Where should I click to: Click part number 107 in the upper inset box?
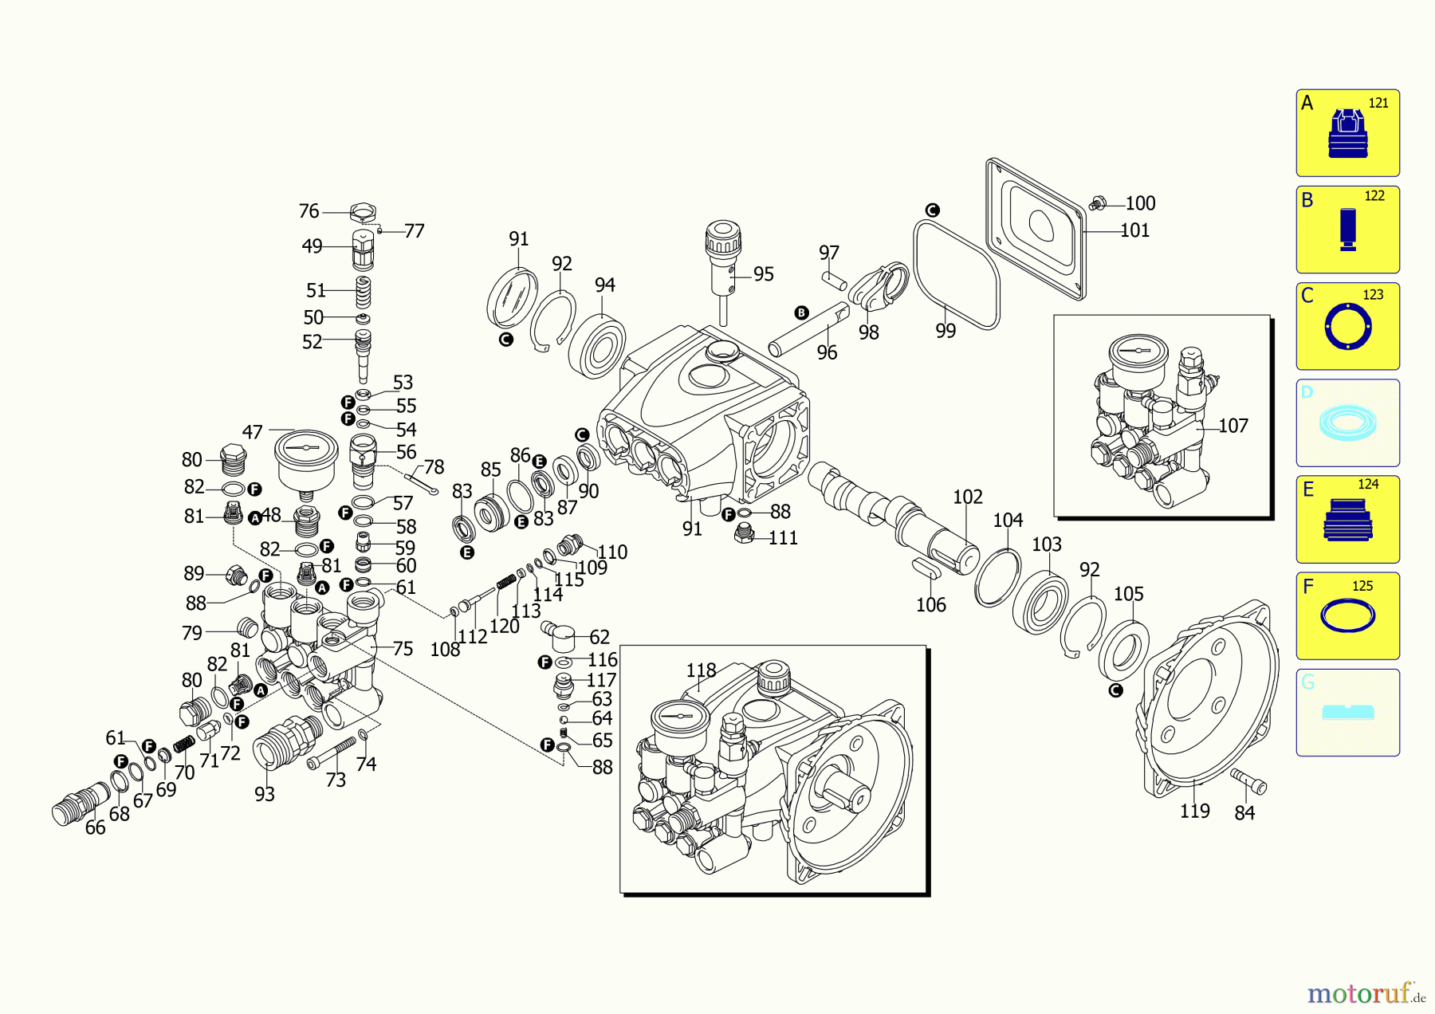click(1233, 426)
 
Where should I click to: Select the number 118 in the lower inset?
click(701, 670)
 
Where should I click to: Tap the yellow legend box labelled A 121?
click(1347, 133)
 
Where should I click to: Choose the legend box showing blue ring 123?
click(1347, 326)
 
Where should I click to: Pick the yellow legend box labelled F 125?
click(1347, 615)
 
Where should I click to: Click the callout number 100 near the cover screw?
click(1140, 203)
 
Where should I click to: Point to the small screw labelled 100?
click(1098, 203)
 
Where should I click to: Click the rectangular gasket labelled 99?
click(956, 275)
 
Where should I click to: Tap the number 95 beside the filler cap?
click(763, 274)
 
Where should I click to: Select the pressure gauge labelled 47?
click(306, 459)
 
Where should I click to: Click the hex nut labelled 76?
click(363, 213)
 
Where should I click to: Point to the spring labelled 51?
click(363, 292)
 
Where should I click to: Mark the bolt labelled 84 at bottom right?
click(1249, 780)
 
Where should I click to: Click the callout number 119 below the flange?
click(1194, 811)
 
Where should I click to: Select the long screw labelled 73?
click(332, 753)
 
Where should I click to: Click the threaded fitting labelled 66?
click(80, 804)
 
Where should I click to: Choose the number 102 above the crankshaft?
click(967, 497)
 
